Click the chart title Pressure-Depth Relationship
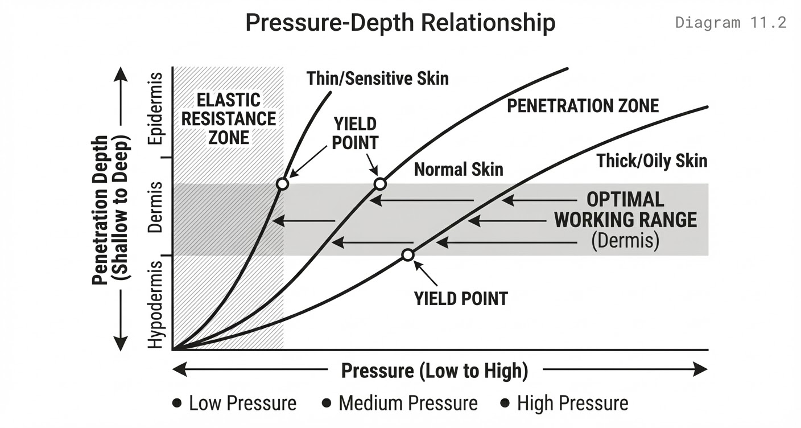click(400, 23)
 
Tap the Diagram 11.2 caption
click(730, 23)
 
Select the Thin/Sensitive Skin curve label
click(377, 78)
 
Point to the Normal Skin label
click(459, 169)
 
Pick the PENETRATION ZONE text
click(583, 106)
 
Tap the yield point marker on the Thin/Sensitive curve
click(282, 184)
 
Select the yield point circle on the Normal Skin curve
click(380, 184)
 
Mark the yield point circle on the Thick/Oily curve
click(407, 255)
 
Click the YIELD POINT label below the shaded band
click(461, 298)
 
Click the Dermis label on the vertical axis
click(155, 207)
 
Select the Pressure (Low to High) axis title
click(435, 371)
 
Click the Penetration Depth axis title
click(111, 209)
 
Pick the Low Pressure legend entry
click(234, 404)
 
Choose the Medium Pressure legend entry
click(400, 404)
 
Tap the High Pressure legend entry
click(564, 404)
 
